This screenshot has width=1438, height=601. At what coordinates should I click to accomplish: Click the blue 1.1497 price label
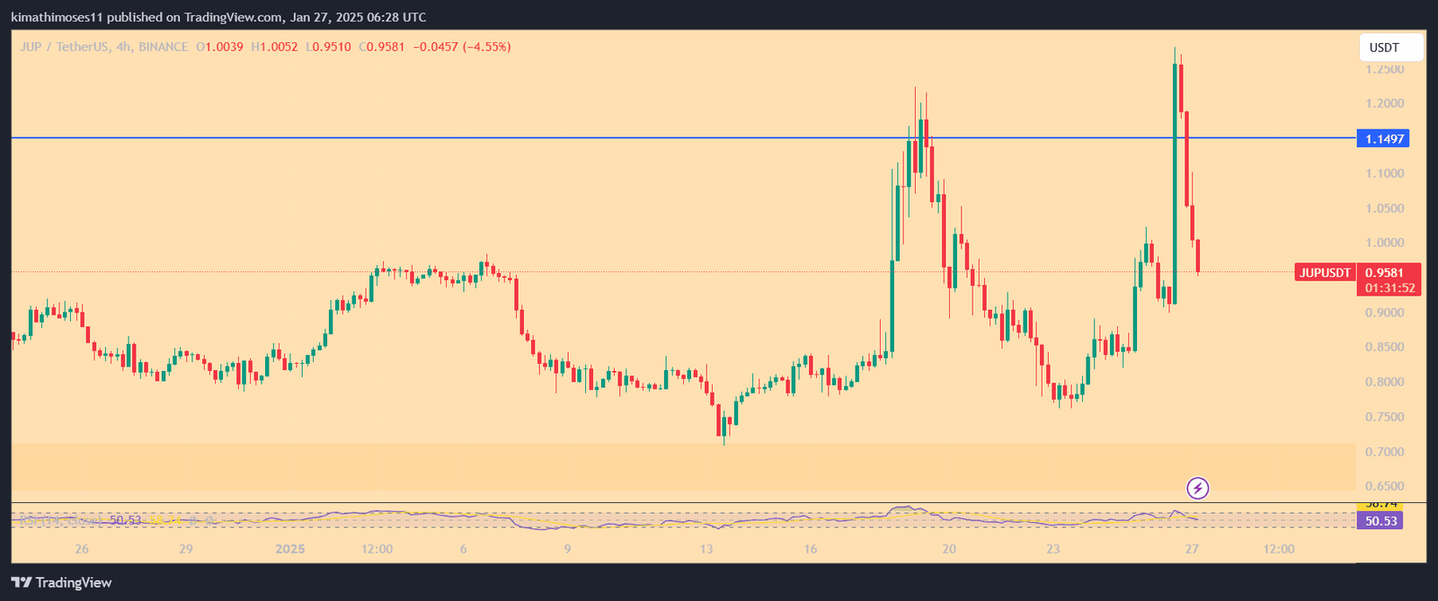pyautogui.click(x=1383, y=138)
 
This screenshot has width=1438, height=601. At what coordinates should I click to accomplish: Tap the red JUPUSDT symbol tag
pyautogui.click(x=1325, y=273)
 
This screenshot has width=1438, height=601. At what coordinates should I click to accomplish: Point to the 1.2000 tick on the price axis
pyautogui.click(x=1384, y=103)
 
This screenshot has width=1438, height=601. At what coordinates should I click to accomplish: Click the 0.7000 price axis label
pyautogui.click(x=1384, y=452)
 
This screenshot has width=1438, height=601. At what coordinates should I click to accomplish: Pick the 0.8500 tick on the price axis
pyautogui.click(x=1384, y=347)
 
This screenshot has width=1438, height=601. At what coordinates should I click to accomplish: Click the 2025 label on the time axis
pyautogui.click(x=290, y=549)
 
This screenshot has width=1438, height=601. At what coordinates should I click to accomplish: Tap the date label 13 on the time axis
pyautogui.click(x=706, y=549)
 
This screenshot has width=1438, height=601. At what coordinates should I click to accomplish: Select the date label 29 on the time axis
pyautogui.click(x=186, y=549)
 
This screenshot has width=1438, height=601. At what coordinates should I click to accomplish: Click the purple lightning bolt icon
pyautogui.click(x=1198, y=488)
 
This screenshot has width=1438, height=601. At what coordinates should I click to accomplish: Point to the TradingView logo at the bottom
pyautogui.click(x=61, y=582)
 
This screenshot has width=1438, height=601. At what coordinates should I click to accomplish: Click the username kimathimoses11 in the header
pyautogui.click(x=53, y=17)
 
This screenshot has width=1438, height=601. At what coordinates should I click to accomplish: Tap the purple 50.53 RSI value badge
pyautogui.click(x=1380, y=521)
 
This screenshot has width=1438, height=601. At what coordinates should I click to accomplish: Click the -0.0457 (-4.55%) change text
pyautogui.click(x=461, y=47)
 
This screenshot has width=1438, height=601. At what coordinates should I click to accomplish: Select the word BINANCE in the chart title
pyautogui.click(x=164, y=47)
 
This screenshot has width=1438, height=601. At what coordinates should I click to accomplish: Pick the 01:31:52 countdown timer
pyautogui.click(x=1389, y=288)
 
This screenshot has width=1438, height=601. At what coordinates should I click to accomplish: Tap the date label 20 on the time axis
pyautogui.click(x=948, y=549)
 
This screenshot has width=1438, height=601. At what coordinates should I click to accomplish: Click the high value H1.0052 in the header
pyautogui.click(x=274, y=47)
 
